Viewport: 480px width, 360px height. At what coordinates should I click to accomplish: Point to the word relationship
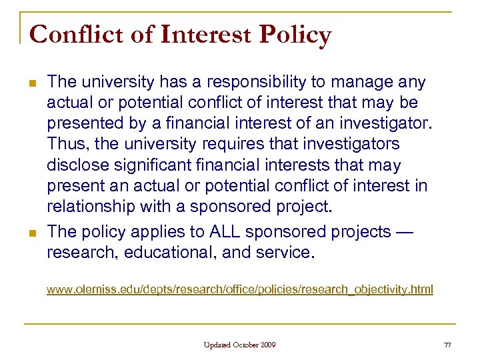91,205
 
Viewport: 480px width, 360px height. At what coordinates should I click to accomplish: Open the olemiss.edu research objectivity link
239,289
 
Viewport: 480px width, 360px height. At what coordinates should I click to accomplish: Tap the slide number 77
447,345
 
